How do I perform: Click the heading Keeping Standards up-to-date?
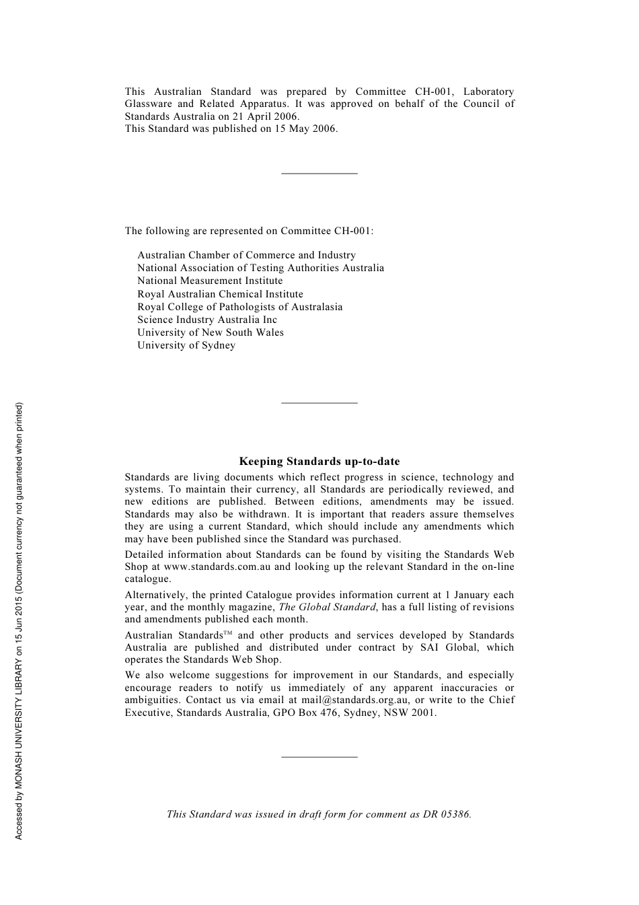coord(319,462)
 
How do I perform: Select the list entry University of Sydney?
coord(186,345)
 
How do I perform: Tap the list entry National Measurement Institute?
coord(210,281)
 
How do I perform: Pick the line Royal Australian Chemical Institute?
coord(220,294)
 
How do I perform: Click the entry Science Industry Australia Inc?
coord(207,320)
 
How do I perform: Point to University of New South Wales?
coord(211,332)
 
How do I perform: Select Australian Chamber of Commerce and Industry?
coord(246,255)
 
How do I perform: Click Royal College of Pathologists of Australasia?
coord(239,307)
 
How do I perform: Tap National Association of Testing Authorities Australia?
coord(260,268)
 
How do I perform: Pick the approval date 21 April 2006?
coord(265,116)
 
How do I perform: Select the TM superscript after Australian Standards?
coord(227,633)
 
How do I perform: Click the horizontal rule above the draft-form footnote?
coord(319,757)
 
